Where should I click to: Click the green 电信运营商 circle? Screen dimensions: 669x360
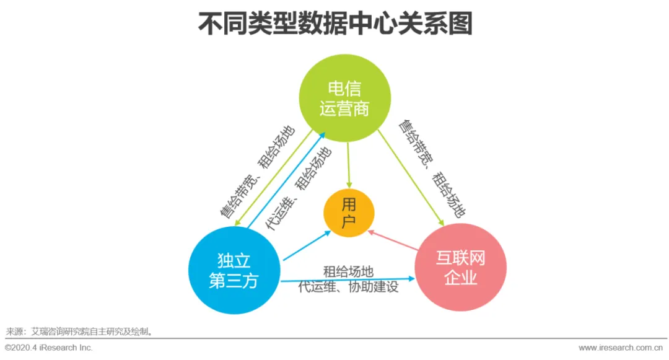pos(344,98)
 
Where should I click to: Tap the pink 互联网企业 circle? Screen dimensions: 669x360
pos(460,267)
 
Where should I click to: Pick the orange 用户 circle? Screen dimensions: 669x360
pos(349,214)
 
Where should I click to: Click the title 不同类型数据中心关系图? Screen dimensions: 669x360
pos(334,25)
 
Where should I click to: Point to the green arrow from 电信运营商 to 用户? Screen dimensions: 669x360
pos(348,164)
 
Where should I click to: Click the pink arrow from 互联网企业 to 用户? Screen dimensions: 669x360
pos(393,241)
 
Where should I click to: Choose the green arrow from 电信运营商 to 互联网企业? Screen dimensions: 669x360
pos(411,177)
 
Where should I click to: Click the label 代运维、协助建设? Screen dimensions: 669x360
pos(348,288)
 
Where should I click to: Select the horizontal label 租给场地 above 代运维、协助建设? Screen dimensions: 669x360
pos(348,271)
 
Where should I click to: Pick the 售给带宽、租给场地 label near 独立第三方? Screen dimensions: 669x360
pos(257,172)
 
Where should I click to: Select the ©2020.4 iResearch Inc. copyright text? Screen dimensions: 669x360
pos(49,348)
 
